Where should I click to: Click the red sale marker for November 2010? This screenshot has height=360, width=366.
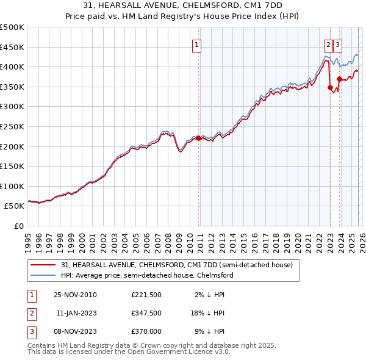pos(198,138)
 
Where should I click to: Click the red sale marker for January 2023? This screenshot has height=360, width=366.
pos(330,87)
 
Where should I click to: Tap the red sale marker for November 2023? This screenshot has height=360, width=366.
pos(339,79)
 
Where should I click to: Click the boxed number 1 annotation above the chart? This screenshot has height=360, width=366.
pos(197,44)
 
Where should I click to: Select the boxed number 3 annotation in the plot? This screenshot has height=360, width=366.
pos(338,44)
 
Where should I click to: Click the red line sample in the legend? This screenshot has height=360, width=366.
pos(44,265)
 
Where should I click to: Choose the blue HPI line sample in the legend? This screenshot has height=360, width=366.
pos(44,276)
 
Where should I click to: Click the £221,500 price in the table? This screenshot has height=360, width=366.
pos(146,295)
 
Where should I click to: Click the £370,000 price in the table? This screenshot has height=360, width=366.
pos(146,331)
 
